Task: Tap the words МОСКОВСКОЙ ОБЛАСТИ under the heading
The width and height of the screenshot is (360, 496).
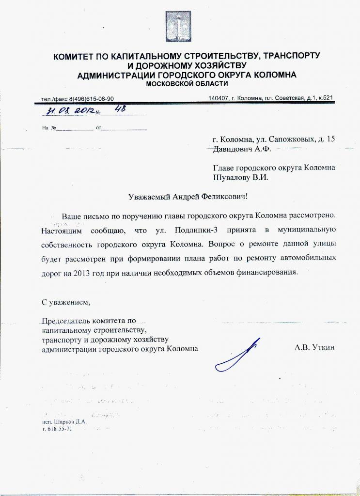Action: tap(179, 84)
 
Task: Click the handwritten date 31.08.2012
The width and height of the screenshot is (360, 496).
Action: tap(71, 111)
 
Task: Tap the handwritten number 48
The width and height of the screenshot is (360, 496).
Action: tap(117, 109)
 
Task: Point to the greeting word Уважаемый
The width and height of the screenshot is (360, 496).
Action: tap(151, 197)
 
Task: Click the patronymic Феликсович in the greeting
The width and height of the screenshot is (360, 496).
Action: tap(225, 197)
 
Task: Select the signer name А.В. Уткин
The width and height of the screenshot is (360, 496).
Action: tap(314, 348)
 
